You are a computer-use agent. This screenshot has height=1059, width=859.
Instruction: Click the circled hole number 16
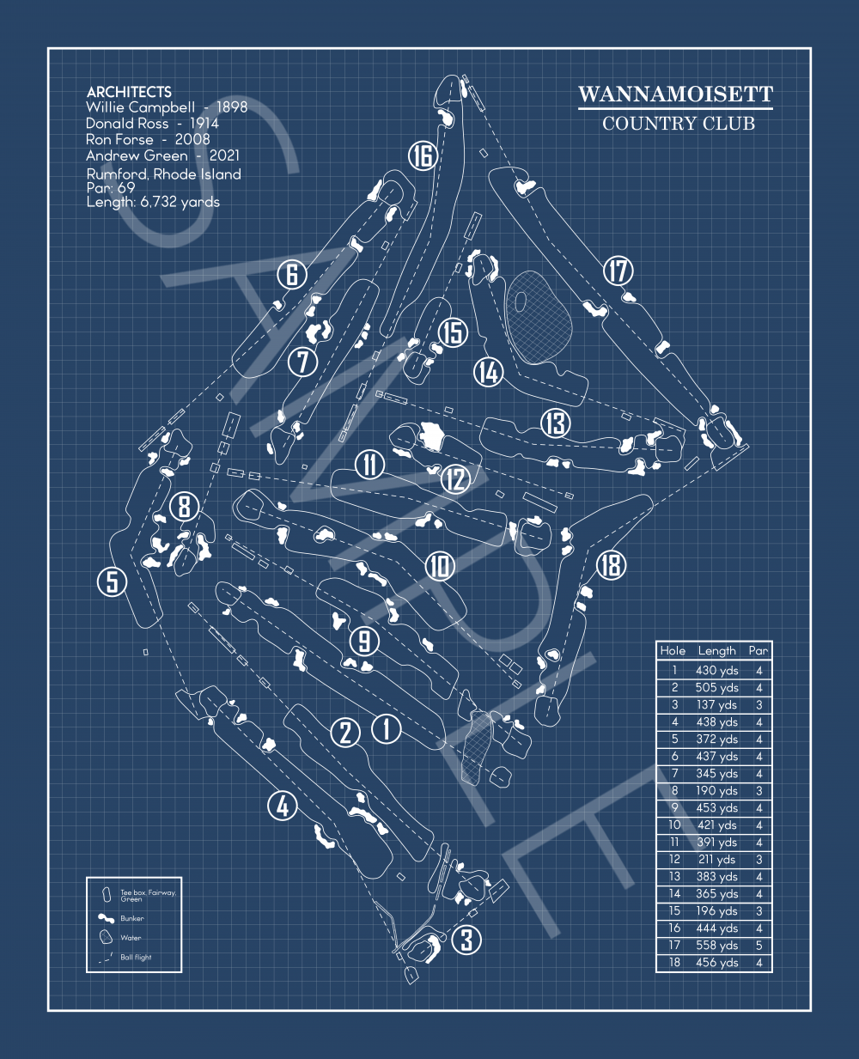(422, 156)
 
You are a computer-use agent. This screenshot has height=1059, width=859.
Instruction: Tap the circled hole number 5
(113, 581)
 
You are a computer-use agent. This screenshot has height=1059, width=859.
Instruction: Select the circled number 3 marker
(466, 940)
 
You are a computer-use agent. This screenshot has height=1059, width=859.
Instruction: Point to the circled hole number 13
(556, 423)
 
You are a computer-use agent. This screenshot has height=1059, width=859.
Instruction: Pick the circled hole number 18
(611, 564)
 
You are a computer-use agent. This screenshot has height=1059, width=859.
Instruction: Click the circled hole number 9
(364, 641)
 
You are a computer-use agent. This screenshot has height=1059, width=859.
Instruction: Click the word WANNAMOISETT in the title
(675, 94)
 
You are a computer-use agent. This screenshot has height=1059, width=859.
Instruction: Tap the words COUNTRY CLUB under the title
(678, 124)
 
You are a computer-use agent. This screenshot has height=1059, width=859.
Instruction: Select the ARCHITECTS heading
(129, 92)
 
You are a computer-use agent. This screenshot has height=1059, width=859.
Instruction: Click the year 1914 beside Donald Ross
(204, 124)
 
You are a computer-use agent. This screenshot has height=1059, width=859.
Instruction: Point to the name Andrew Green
(137, 155)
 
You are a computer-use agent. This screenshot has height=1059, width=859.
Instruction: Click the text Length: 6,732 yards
(153, 203)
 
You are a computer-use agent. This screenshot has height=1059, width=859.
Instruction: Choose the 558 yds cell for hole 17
(717, 945)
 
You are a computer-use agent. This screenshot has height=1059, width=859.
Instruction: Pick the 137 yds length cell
(717, 704)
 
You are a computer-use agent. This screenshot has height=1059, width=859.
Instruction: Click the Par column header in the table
(758, 651)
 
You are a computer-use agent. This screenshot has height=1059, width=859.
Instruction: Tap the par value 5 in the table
(758, 945)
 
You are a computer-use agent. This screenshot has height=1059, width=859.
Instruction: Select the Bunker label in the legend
(132, 918)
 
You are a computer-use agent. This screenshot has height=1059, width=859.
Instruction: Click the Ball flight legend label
(136, 957)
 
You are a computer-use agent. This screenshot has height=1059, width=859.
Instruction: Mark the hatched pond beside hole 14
(539, 314)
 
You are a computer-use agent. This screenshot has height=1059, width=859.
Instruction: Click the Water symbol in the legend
(107, 937)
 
